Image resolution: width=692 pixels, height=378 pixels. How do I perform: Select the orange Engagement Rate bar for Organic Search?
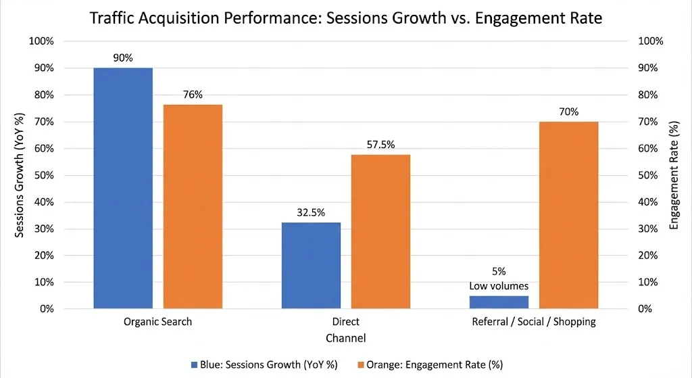pos(193,206)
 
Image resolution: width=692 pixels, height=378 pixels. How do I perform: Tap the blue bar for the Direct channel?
pos(311,265)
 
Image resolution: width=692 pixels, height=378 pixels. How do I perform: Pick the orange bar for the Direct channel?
pos(380,231)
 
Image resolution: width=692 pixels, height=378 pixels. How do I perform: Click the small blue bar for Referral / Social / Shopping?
pos(499,302)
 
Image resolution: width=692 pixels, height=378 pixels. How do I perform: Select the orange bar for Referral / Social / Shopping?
pos(568,215)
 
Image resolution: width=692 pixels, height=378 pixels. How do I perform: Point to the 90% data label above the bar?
pos(123,58)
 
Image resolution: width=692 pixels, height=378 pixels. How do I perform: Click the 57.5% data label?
pos(380,144)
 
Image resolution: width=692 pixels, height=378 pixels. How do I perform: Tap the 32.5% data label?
pos(311,212)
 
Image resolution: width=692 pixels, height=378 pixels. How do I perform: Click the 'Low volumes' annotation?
pos(499,285)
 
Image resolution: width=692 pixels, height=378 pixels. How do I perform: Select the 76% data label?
pos(193,95)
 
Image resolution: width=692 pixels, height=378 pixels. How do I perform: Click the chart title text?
pos(345,18)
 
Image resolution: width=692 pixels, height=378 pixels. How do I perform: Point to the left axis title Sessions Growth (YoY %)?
pos(20,174)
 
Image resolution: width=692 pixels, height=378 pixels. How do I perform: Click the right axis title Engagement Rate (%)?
pos(673,174)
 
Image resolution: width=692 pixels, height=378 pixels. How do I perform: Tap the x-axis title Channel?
pos(345,337)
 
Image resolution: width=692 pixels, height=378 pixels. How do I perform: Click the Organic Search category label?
pos(157,322)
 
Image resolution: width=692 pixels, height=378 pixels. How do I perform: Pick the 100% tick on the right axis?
pos(651,41)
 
